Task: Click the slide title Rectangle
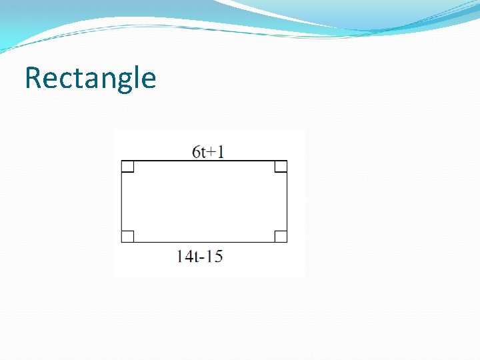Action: [90, 79]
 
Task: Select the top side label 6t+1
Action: [208, 152]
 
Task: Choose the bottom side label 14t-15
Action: [200, 256]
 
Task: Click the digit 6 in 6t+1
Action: [196, 152]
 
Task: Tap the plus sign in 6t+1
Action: [213, 153]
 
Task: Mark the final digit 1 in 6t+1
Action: [221, 152]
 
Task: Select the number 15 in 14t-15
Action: [214, 256]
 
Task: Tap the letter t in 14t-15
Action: [195, 256]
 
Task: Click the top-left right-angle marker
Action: [128, 167]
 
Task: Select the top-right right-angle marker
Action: [281, 167]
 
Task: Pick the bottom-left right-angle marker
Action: [128, 236]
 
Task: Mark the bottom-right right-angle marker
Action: [281, 236]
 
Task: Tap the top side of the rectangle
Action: [204, 161]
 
